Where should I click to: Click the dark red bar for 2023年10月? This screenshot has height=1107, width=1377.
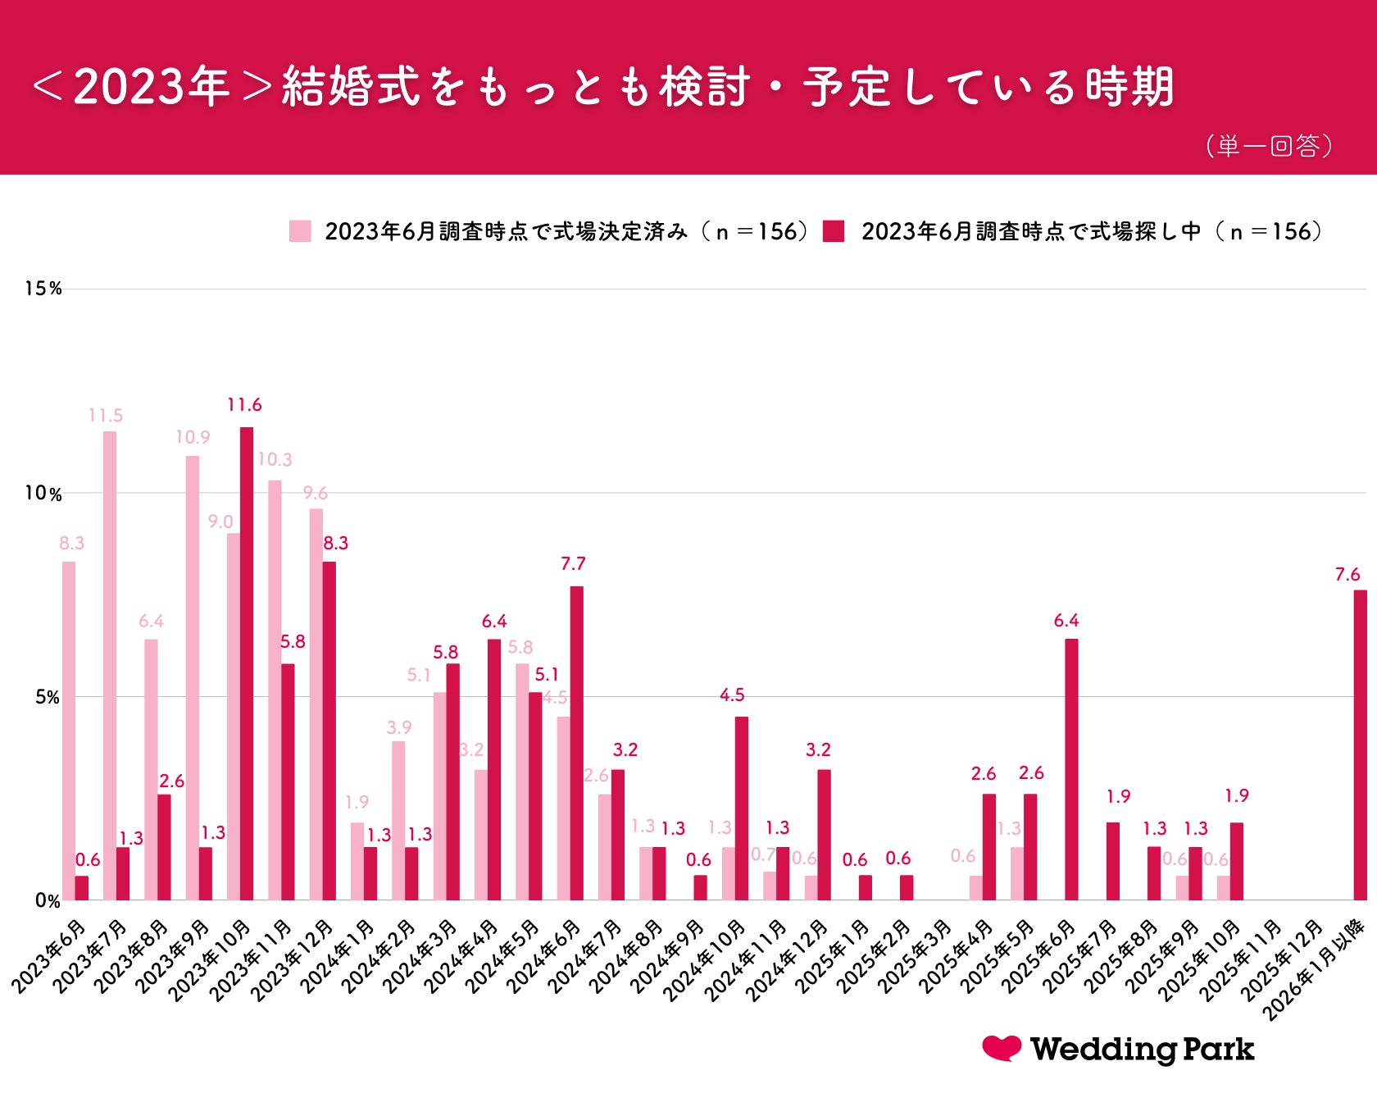pyautogui.click(x=247, y=664)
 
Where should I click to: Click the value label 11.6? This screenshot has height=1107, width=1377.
pyautogui.click(x=244, y=405)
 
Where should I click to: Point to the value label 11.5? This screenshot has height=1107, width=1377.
pyautogui.click(x=106, y=416)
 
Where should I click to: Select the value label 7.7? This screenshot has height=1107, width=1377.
pyautogui.click(x=573, y=564)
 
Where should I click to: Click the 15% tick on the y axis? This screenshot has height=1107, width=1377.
pyautogui.click(x=43, y=289)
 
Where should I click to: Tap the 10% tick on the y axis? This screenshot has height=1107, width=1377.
pyautogui.click(x=43, y=494)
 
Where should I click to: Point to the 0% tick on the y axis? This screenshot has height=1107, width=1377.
pyautogui.click(x=48, y=901)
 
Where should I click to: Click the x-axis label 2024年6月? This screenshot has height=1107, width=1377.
pyautogui.click(x=544, y=957)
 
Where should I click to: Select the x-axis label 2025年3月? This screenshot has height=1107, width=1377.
pyautogui.click(x=915, y=957)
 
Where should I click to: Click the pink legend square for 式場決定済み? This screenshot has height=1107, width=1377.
pyautogui.click(x=300, y=231)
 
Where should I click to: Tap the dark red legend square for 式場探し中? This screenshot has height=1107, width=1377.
pyautogui.click(x=834, y=231)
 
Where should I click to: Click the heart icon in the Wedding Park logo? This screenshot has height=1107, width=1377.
pyautogui.click(x=1002, y=1048)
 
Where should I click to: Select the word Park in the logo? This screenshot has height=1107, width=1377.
pyautogui.click(x=1218, y=1050)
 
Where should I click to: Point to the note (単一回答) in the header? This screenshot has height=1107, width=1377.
pyautogui.click(x=1268, y=146)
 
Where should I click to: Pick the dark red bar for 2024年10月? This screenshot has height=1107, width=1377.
pyautogui.click(x=742, y=809)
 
